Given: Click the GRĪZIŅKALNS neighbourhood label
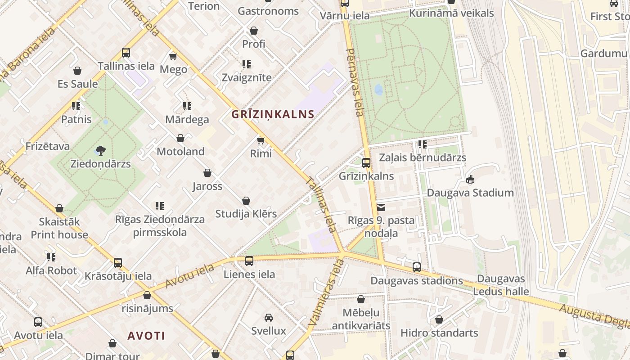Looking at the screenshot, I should click(273, 114).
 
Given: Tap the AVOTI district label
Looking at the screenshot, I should click(146, 336).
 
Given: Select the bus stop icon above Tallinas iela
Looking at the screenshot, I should click(126, 53).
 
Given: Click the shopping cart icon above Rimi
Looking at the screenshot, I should click(261, 140).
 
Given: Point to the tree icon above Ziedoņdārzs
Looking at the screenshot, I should click(101, 150).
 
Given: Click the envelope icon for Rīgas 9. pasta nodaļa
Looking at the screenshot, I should click(381, 207).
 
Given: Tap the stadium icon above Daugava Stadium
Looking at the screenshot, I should click(470, 180).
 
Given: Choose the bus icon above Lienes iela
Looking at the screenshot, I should click(249, 261).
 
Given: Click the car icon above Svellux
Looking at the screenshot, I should click(269, 318).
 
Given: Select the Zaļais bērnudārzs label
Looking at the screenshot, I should click(422, 158).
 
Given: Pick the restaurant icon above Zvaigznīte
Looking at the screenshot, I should click(246, 64).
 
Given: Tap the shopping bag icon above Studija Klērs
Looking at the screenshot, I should click(246, 201).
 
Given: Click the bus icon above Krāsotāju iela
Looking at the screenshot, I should click(118, 263).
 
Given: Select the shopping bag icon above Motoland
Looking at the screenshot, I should click(180, 138).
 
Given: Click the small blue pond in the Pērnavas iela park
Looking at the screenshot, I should click(379, 90).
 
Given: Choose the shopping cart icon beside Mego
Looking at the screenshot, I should click(173, 56).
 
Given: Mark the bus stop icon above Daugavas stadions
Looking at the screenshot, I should click(417, 267).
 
